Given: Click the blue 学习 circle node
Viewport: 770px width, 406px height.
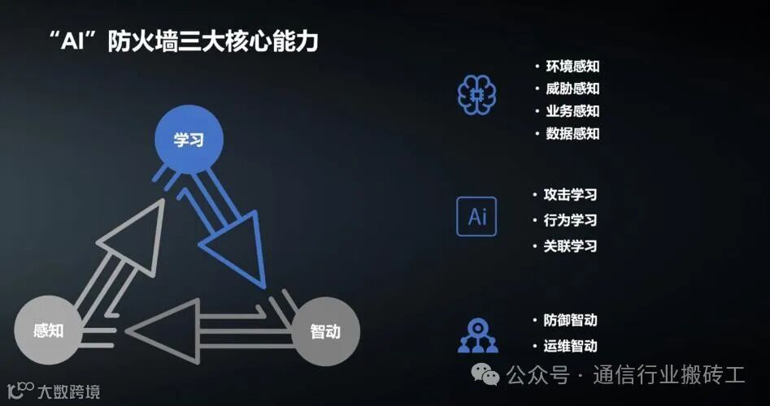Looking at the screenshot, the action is (188, 140).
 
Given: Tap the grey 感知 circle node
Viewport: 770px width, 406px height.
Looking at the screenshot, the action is (49, 330).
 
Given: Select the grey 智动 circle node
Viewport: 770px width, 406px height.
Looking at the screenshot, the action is (324, 331).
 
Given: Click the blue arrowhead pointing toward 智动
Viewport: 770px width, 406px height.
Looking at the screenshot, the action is (236, 252).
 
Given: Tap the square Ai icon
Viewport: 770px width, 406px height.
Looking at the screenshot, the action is (476, 216).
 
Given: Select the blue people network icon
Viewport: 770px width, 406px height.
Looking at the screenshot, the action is (477, 335).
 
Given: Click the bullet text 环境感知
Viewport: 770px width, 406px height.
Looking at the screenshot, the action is (571, 67).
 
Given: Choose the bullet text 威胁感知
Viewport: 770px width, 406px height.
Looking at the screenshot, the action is (571, 89).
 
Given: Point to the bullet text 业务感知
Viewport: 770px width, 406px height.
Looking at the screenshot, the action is (571, 111).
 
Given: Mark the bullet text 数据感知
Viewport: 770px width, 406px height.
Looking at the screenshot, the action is (571, 133).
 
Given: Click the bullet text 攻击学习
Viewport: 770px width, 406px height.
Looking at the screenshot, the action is (570, 195).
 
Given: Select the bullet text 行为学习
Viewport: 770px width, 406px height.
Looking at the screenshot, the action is (570, 220).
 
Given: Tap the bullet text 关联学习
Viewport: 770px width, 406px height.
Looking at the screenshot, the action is (570, 245).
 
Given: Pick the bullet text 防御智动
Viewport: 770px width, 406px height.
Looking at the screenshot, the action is (570, 321).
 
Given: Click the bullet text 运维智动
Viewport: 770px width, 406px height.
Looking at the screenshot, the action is (570, 346).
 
